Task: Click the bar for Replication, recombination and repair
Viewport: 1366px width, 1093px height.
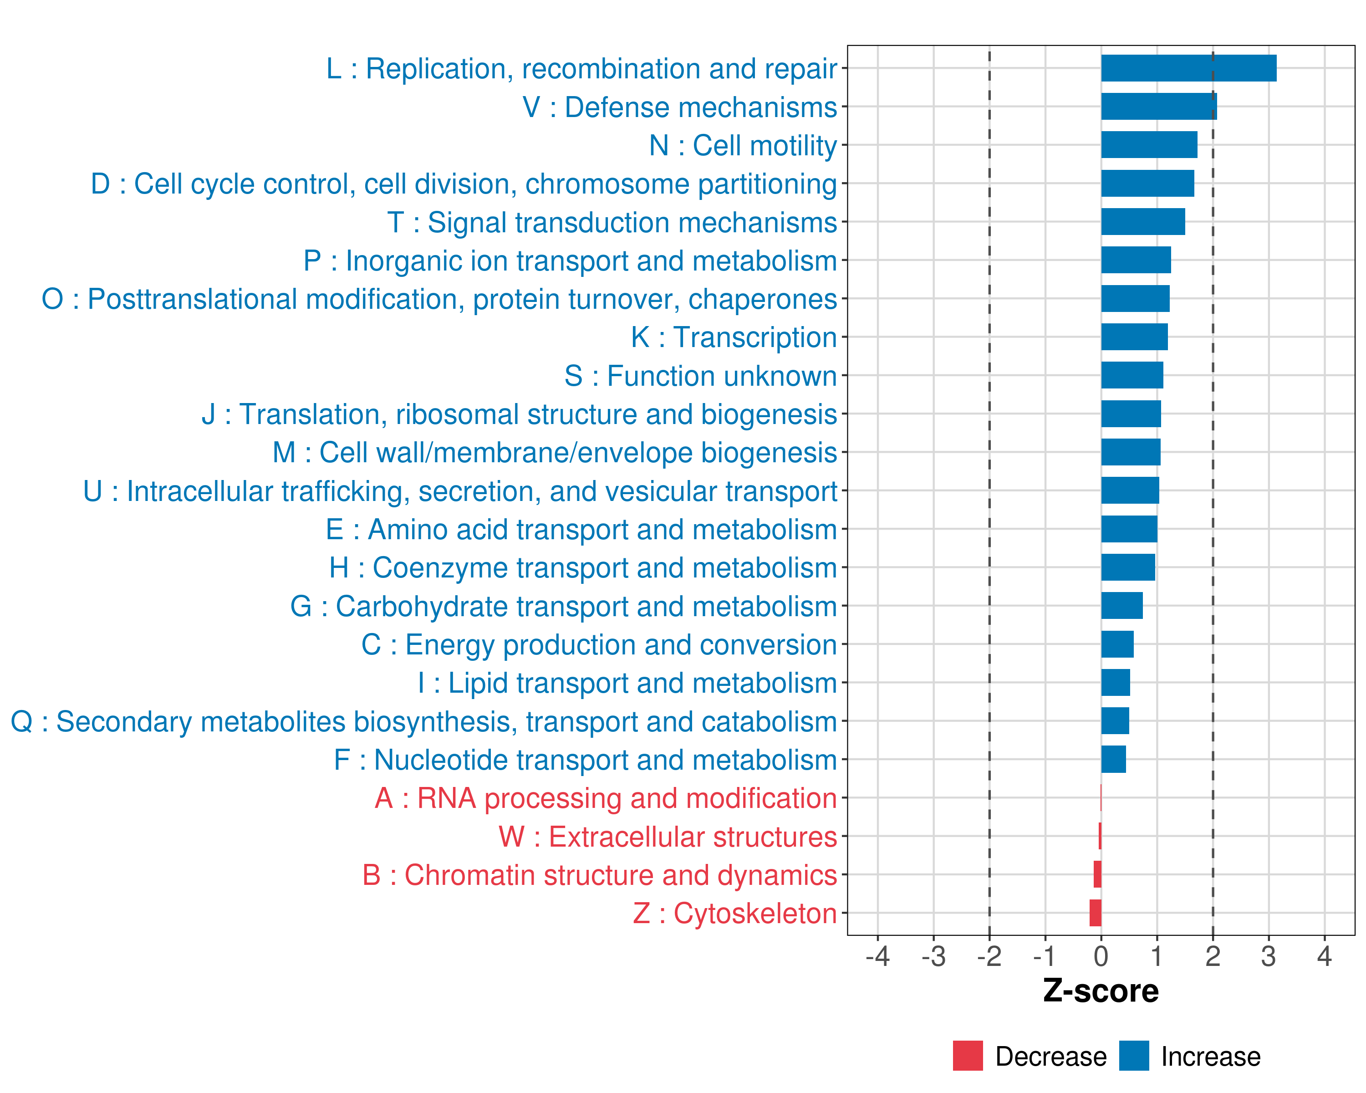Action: (x=1188, y=68)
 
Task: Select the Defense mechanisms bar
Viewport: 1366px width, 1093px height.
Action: (x=1158, y=107)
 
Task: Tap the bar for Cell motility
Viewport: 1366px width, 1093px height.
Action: (x=1149, y=145)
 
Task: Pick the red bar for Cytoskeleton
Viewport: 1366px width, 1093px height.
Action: (x=1096, y=913)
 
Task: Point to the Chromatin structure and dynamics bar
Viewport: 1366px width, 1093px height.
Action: (x=1097, y=874)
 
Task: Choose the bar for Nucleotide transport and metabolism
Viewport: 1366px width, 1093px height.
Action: (x=1113, y=759)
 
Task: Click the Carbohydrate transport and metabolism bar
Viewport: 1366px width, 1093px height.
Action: (x=1121, y=606)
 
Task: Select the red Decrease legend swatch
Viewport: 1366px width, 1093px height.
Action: (x=968, y=1056)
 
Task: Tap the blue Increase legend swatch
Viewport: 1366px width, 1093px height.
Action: (x=1133, y=1056)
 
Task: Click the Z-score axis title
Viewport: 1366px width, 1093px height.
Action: (x=1101, y=991)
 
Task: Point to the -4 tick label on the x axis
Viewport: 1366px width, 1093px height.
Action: (x=877, y=956)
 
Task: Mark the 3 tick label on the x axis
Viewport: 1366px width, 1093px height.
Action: (x=1269, y=956)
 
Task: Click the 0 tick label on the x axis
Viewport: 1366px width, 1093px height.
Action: (x=1101, y=956)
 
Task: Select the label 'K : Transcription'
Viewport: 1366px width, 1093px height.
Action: (x=734, y=337)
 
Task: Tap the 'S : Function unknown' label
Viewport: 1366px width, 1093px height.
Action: (x=700, y=376)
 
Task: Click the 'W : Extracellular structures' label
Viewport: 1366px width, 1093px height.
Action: (x=668, y=837)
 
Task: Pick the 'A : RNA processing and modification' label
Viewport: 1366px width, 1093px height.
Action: (x=606, y=798)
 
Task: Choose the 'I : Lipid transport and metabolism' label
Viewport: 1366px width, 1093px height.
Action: (x=627, y=683)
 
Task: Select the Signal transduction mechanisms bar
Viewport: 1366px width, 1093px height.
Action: (x=1142, y=222)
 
